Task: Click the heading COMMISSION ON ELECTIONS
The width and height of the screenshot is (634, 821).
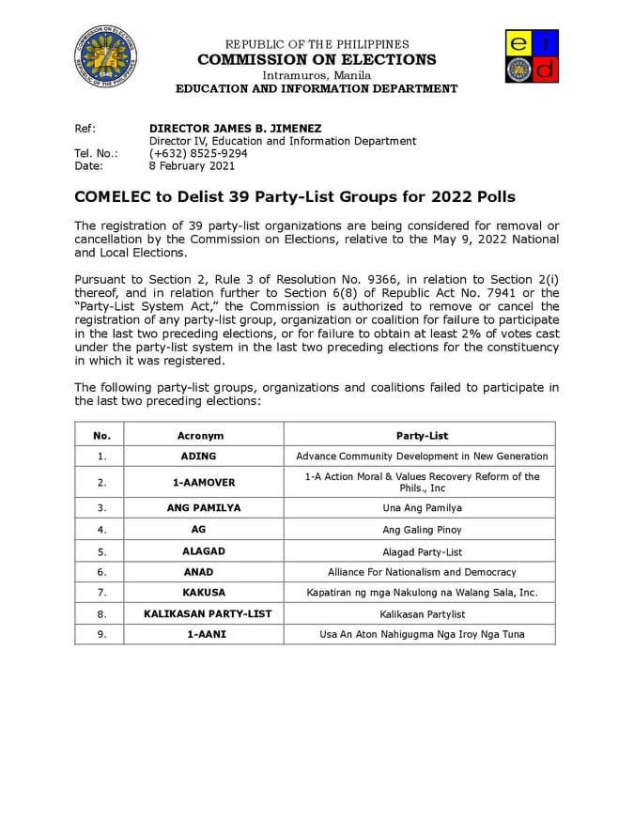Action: tap(317, 59)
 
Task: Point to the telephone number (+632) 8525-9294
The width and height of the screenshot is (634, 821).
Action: tap(198, 153)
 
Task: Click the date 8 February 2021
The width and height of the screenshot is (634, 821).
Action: tap(193, 166)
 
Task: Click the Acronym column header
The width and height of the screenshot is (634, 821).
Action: tap(201, 436)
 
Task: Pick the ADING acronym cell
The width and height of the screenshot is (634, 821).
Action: tap(198, 457)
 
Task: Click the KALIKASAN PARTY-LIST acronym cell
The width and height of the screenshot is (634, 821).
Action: tap(208, 613)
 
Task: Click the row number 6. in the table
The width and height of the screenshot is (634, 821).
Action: tap(101, 571)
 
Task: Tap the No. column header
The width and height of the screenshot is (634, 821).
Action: tap(101, 436)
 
